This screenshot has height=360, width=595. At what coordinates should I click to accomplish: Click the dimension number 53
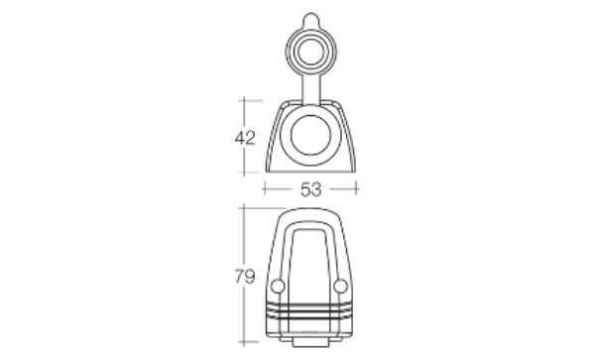(x=311, y=188)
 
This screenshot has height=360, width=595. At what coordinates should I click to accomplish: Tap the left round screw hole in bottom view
(x=277, y=287)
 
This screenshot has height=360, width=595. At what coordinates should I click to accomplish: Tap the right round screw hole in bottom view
(x=343, y=287)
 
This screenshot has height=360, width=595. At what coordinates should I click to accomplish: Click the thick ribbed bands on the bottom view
(x=310, y=312)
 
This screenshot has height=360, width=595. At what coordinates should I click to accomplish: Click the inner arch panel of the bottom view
(x=310, y=263)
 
